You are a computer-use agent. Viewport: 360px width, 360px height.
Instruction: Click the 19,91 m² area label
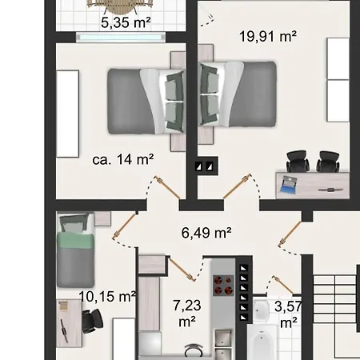[268, 37]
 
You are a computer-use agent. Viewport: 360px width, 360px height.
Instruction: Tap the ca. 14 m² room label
[123, 159]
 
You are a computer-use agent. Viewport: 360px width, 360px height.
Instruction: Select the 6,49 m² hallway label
[206, 233]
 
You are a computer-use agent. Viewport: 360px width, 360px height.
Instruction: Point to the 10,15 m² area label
[107, 297]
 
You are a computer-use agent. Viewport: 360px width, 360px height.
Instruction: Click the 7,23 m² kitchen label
[187, 314]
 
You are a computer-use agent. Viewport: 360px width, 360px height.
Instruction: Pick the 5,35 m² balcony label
[126, 22]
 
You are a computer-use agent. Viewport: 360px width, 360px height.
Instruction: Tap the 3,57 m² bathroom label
[288, 314]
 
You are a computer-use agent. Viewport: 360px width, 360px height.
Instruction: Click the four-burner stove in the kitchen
[223, 286]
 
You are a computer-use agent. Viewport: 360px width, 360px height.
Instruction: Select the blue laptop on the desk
[288, 184]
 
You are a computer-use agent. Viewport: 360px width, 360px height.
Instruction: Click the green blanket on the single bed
[75, 240]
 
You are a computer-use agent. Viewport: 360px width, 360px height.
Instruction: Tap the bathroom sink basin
[260, 310]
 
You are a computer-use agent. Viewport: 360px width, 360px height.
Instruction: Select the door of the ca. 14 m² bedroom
[168, 187]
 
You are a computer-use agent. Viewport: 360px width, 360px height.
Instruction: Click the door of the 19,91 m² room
[237, 186]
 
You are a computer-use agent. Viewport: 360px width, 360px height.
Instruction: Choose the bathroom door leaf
[283, 286]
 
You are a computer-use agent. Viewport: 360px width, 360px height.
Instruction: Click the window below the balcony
[121, 38]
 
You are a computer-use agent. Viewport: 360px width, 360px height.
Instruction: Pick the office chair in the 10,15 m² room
[92, 321]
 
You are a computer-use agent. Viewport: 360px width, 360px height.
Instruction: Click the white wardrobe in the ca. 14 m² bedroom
[68, 114]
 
